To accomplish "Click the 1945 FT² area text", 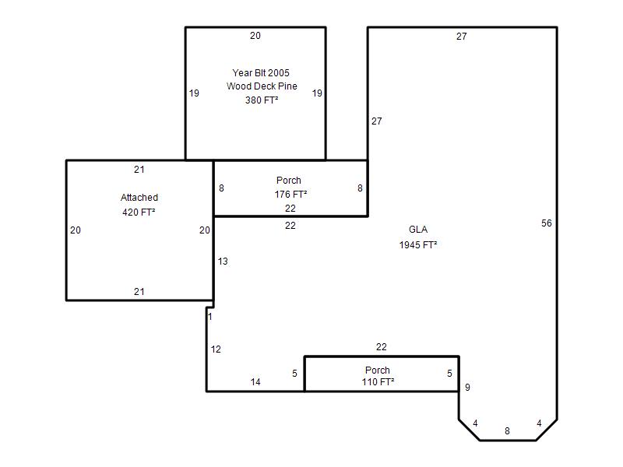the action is tap(418, 244).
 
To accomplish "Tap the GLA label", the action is tap(418, 230).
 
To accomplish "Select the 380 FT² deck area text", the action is tap(262, 100).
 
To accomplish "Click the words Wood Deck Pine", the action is tap(262, 86).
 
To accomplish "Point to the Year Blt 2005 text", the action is tap(261, 72).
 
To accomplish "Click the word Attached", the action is tap(139, 198).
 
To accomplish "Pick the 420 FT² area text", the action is tap(139, 212).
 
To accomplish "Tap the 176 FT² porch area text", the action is tap(290, 194).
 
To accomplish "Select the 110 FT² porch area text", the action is tap(378, 381).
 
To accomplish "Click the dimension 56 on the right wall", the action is tap(547, 223).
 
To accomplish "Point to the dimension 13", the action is tap(223, 262).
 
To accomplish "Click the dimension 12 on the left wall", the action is tap(216, 349).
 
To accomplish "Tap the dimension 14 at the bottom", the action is tap(255, 382).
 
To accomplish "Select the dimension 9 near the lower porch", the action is tap(468, 387).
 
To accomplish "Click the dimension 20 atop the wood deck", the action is tap(255, 36).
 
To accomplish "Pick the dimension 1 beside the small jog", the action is tap(210, 317).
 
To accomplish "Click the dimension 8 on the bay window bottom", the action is tap(508, 431).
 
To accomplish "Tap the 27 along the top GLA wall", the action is tap(461, 37).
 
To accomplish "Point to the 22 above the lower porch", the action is tap(382, 347).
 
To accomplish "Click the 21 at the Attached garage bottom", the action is tap(139, 292).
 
